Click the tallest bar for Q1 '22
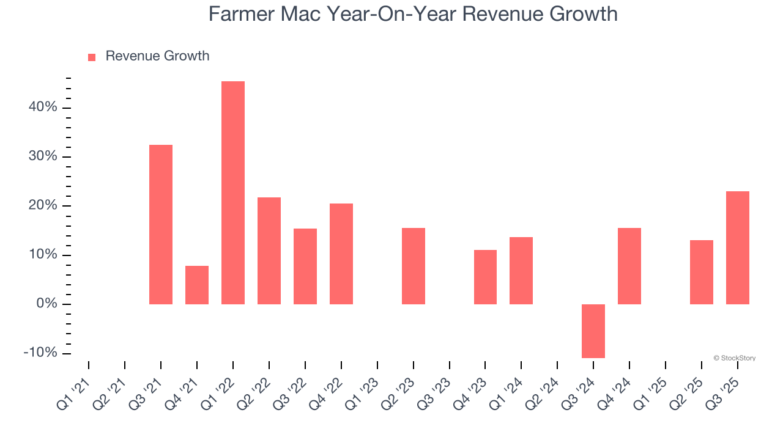click(233, 193)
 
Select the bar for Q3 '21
click(161, 224)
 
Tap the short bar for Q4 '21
click(197, 285)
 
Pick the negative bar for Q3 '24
click(593, 331)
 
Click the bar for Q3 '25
click(737, 248)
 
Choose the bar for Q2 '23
click(413, 266)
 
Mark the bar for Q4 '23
click(485, 277)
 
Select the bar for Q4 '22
click(341, 254)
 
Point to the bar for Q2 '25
click(701, 272)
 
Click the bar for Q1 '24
click(521, 270)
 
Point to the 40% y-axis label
click(42, 108)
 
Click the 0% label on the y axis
click(46, 304)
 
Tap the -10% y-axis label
click(40, 353)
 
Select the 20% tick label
click(42, 206)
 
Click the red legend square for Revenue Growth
click(92, 57)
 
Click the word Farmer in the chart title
click(241, 13)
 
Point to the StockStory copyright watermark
click(734, 358)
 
